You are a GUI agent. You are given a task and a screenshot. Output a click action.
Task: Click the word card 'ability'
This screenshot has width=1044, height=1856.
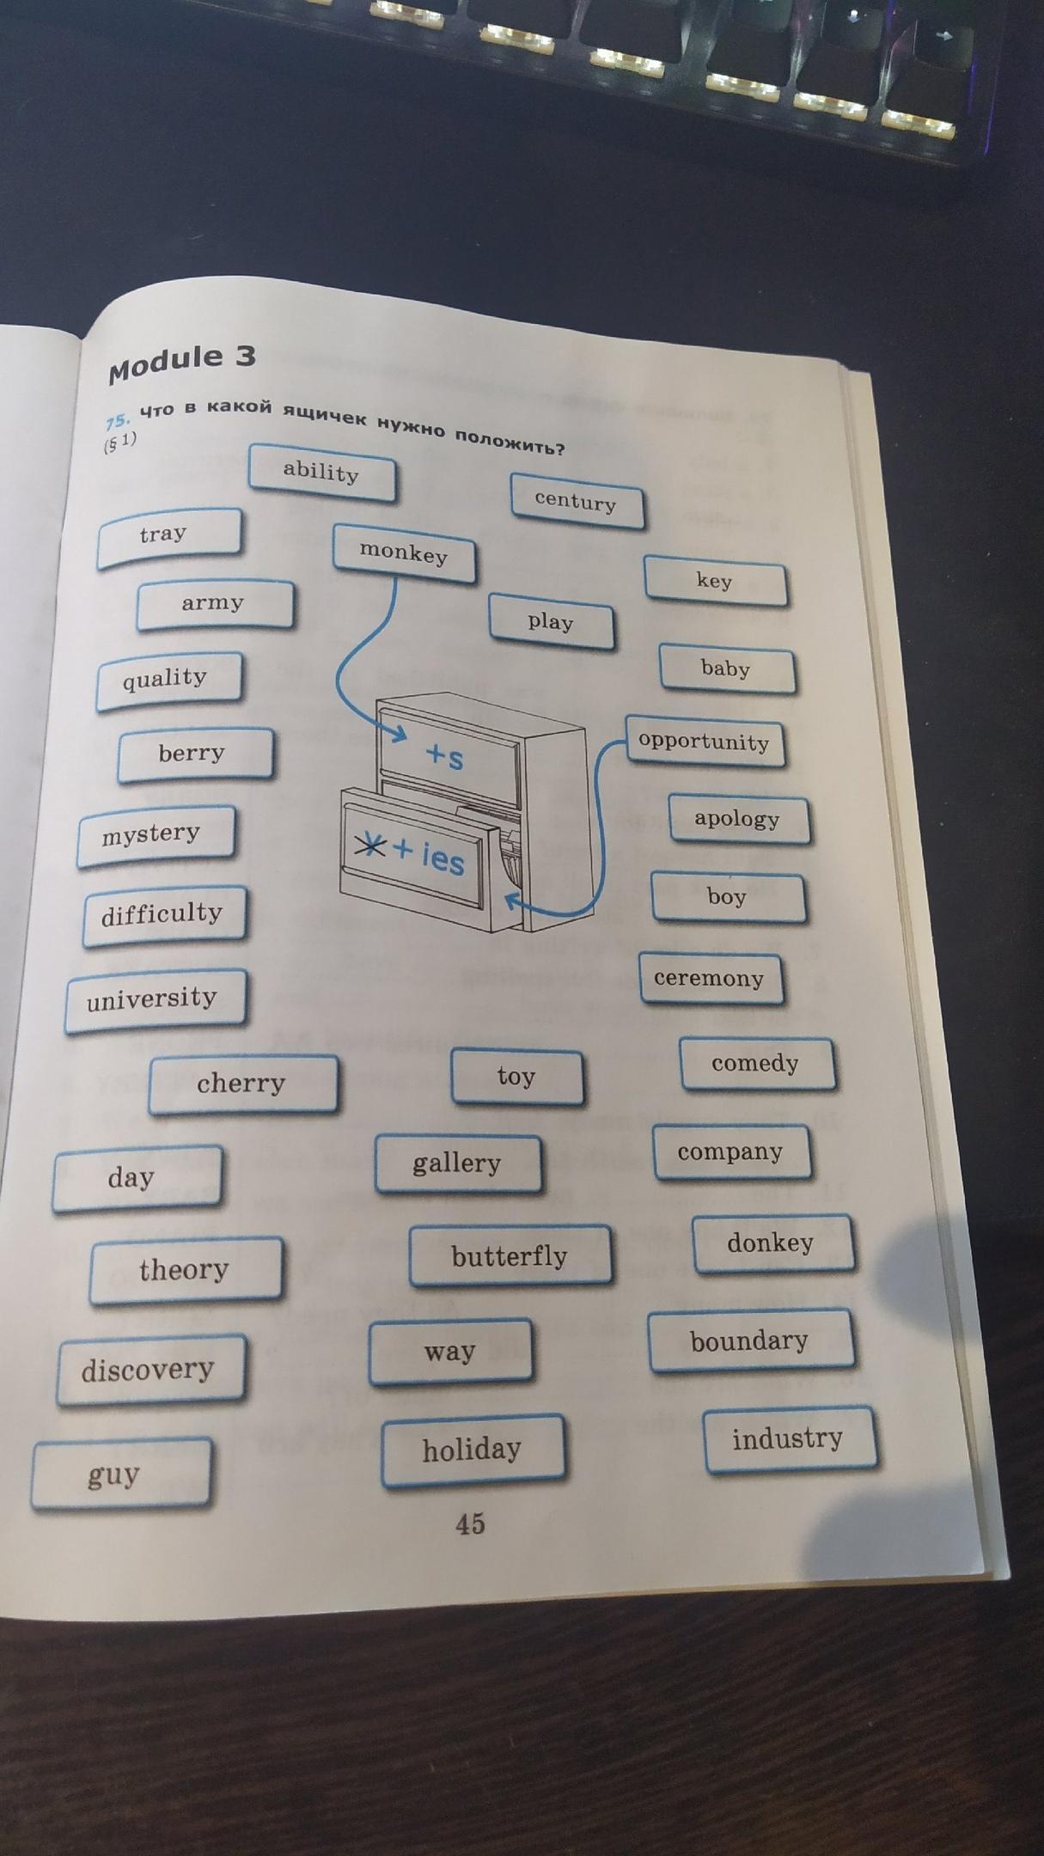point(322,472)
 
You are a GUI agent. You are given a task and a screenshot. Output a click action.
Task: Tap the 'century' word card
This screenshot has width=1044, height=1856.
point(577,501)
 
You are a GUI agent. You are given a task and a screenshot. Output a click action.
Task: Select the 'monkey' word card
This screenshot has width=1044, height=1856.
point(404,553)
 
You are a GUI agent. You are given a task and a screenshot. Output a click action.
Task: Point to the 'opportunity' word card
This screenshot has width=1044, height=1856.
point(704,742)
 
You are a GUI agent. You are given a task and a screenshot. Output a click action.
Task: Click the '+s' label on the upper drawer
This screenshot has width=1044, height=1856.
point(445,756)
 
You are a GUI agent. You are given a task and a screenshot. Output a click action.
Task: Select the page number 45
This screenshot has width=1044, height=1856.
point(470,1524)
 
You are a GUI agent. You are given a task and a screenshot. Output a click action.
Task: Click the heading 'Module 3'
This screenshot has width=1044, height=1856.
point(182,362)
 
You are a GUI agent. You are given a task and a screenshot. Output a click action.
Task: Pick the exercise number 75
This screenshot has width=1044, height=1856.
point(117,421)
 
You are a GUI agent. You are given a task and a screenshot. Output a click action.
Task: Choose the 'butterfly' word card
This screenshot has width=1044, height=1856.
point(510,1256)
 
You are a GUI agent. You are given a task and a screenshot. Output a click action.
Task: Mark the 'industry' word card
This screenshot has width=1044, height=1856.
point(788,1438)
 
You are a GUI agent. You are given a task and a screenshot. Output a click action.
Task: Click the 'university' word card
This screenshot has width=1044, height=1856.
point(153,998)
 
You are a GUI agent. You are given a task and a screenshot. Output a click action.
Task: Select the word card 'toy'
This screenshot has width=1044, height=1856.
point(516,1076)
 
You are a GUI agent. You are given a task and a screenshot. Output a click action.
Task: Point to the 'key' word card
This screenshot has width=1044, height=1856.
point(715,582)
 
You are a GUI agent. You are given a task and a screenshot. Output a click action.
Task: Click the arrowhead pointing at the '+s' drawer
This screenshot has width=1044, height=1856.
point(400,735)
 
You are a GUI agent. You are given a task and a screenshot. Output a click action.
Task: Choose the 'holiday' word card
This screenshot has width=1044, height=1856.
point(472,1450)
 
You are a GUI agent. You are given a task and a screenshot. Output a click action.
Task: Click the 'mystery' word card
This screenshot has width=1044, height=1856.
point(153,833)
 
